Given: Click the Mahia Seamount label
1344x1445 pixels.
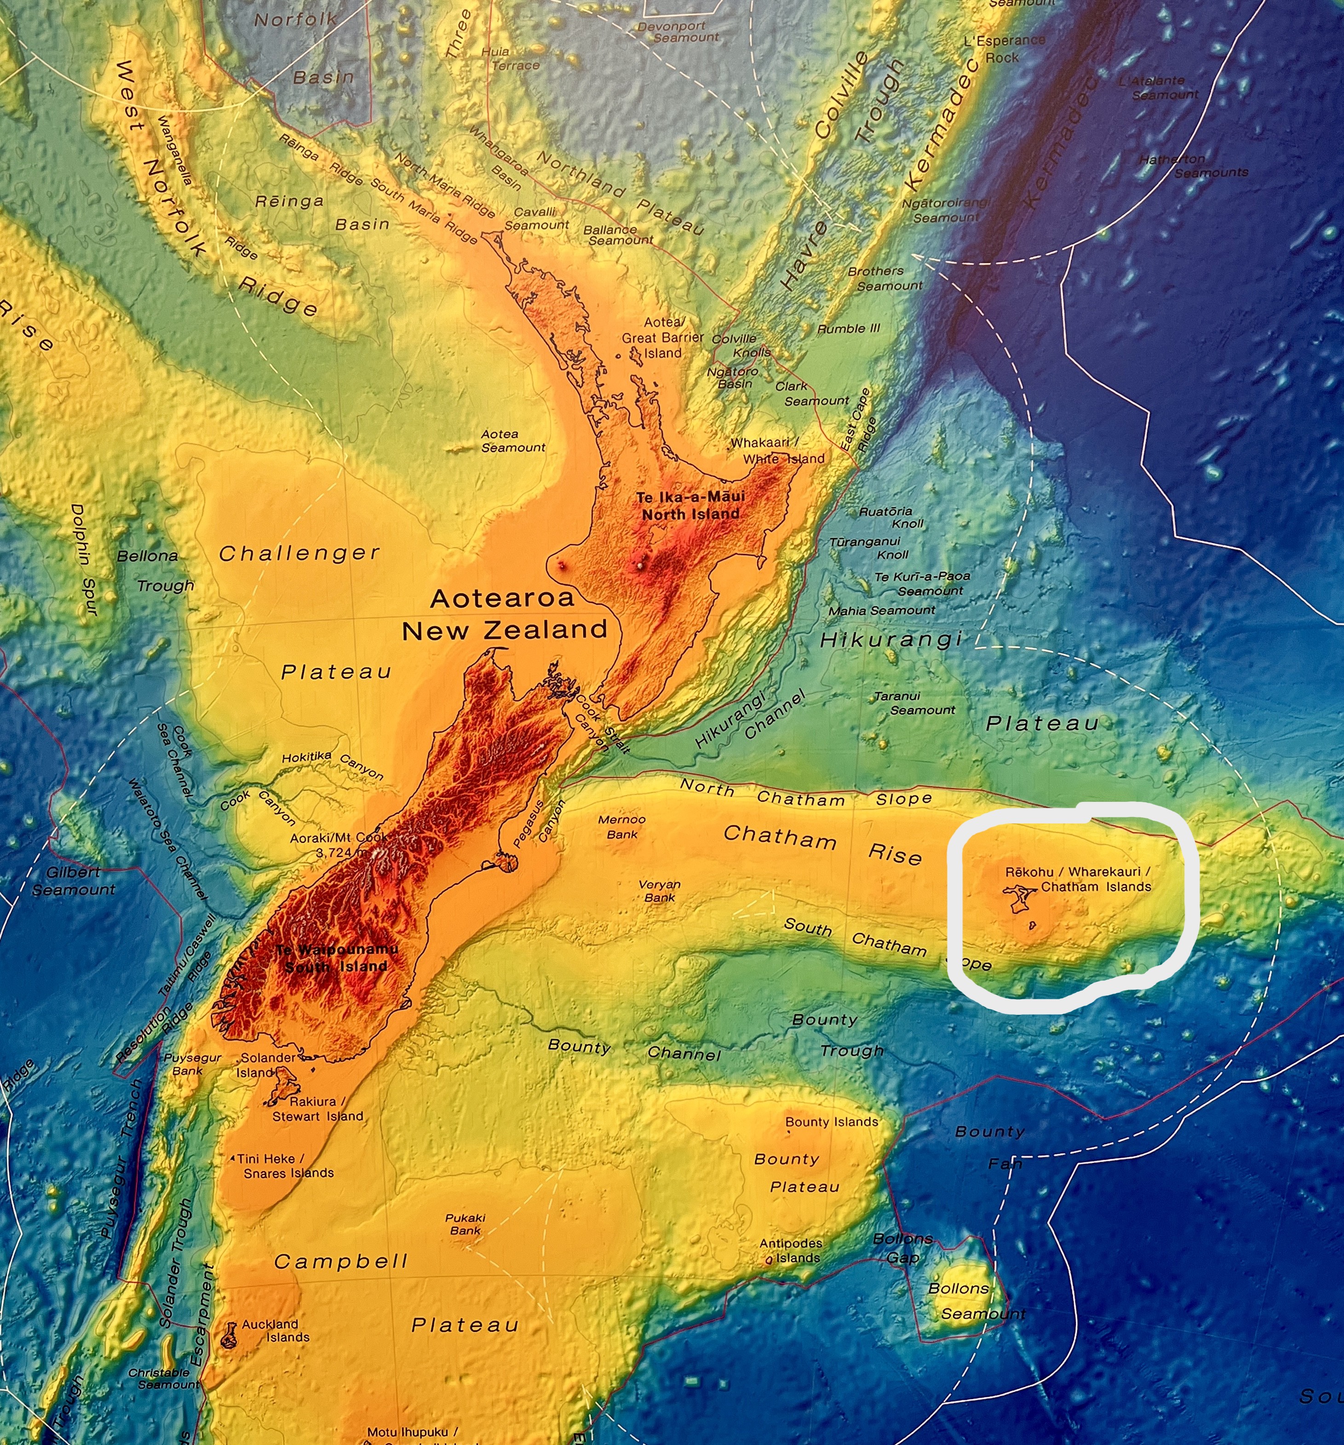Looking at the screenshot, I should [882, 610].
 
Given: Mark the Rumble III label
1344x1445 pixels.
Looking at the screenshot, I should [848, 328].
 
